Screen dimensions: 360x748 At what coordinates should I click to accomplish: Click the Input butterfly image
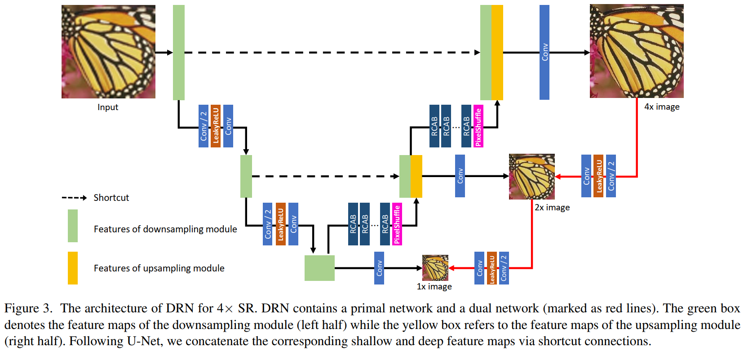coord(108,52)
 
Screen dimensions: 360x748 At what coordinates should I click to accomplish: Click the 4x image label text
coord(662,107)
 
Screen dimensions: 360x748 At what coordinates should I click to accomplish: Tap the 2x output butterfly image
coord(531,176)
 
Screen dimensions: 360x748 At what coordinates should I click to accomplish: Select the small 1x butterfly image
coord(435,268)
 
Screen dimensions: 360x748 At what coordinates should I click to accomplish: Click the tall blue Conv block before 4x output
coord(544,52)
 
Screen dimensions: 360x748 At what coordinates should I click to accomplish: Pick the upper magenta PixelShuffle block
coord(478,126)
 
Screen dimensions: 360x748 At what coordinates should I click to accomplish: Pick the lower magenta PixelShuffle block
coord(397,224)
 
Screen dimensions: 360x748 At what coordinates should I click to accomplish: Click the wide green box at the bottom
coord(319,268)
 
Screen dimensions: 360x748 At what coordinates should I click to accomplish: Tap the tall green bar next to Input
coord(179,52)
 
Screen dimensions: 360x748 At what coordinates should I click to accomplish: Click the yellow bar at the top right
coord(497,52)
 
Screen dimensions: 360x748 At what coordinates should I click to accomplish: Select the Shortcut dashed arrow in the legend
coord(74,198)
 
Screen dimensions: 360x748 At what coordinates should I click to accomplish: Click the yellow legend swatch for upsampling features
coord(73,268)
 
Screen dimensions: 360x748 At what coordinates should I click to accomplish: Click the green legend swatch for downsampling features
coord(73,226)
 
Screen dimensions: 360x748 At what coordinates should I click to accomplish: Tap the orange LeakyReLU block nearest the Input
coord(216,126)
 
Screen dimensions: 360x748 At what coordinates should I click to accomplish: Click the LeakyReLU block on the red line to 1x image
coord(492,268)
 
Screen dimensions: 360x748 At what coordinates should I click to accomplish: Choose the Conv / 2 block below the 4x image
coord(611,176)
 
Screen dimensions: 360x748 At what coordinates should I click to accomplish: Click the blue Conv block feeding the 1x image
coord(379,268)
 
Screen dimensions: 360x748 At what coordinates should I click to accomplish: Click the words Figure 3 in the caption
coord(28,308)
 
